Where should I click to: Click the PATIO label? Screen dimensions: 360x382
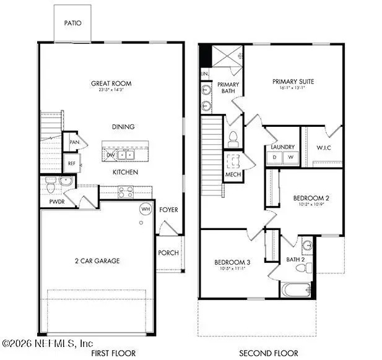tap(73, 23)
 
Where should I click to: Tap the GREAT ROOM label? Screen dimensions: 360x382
tap(111, 84)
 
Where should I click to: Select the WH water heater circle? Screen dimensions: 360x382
tap(146, 209)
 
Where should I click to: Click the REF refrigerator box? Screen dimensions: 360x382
tap(71, 163)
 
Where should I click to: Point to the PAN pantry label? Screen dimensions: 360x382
tap(74, 142)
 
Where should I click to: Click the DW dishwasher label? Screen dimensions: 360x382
tap(111, 155)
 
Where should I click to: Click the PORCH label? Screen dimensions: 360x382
tap(168, 252)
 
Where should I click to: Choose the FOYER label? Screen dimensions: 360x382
tap(168, 210)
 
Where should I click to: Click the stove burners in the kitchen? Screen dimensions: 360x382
tap(127, 191)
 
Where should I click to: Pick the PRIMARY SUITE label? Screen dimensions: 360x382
tap(293, 80)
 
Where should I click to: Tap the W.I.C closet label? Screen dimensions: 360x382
tap(323, 147)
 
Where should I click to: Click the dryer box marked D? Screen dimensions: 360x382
tap(275, 158)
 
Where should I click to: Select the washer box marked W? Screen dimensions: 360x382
tap(290, 158)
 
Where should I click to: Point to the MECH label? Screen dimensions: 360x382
tap(233, 174)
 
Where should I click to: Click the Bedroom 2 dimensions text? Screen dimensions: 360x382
tap(310, 205)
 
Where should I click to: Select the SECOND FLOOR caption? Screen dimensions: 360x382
tap(269, 353)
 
